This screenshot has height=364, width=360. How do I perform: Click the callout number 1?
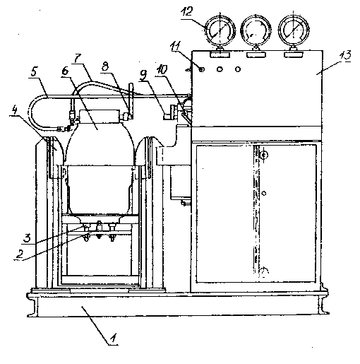click(x=113, y=338)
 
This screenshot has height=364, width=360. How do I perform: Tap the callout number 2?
click(x=20, y=254)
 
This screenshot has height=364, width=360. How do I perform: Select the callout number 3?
click(x=28, y=238)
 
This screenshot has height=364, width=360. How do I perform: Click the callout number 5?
click(x=35, y=72)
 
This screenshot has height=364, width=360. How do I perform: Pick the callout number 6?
click(x=65, y=71)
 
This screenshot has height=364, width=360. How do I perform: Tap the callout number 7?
click(x=77, y=59)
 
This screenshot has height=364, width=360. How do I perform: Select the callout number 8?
click(x=105, y=66)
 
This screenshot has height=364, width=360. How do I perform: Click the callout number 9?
click(x=143, y=76)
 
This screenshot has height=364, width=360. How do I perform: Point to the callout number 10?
click(x=162, y=70)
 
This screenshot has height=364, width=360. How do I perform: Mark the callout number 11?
click(x=175, y=45)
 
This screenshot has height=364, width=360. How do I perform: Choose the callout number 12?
click(x=187, y=11)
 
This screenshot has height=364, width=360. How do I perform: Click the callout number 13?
click(x=345, y=55)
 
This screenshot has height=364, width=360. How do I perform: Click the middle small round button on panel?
click(x=220, y=69)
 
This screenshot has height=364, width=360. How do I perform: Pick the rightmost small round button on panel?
click(x=238, y=69)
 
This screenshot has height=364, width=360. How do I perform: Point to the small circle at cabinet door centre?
click(x=264, y=194)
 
